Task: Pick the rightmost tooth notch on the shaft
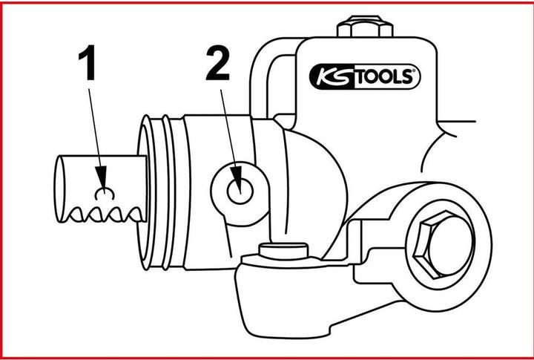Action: [133, 215]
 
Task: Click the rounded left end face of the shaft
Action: [59, 189]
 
